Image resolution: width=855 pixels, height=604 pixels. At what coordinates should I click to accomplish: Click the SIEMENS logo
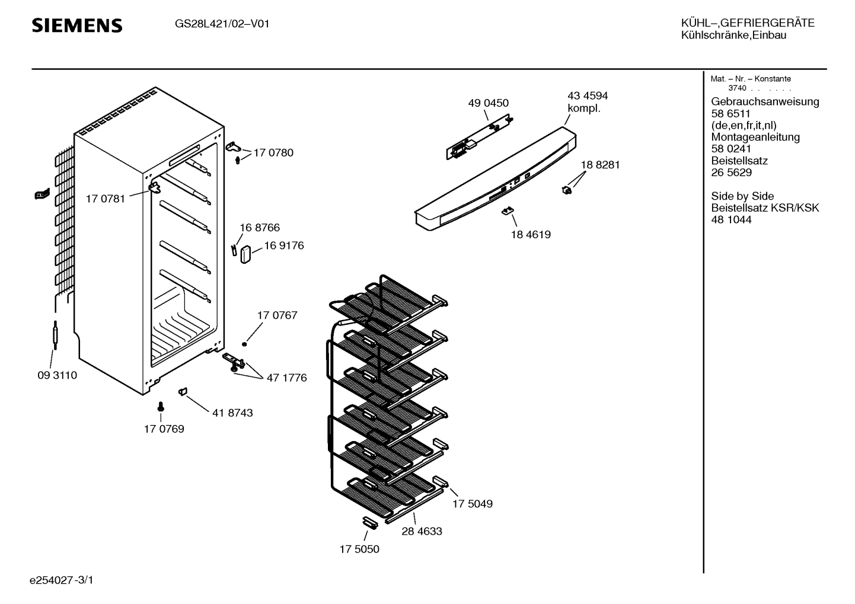(x=77, y=25)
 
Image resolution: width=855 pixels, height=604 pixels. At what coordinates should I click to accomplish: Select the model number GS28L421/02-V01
(x=222, y=24)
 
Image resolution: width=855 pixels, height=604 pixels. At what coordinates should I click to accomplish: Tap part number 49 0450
(x=488, y=103)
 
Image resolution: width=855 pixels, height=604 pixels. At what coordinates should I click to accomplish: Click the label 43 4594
(x=588, y=95)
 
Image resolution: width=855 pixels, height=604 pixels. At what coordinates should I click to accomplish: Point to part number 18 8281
(x=600, y=165)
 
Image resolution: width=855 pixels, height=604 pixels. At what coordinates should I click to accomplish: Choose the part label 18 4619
(x=531, y=234)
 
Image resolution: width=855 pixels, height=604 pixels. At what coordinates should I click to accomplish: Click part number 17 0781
(x=106, y=199)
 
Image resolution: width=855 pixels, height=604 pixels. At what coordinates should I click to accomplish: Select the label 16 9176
(x=284, y=245)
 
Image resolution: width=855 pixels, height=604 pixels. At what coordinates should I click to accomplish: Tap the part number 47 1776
(x=286, y=378)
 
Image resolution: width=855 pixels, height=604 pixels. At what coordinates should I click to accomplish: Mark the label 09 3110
(x=58, y=375)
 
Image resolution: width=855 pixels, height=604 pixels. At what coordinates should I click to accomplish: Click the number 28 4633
(x=422, y=531)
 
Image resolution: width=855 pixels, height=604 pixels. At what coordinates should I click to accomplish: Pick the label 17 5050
(x=359, y=549)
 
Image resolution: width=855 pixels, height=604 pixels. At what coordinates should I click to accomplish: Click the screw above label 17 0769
(x=161, y=407)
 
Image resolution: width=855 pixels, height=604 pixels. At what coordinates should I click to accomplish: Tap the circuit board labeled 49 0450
(x=480, y=136)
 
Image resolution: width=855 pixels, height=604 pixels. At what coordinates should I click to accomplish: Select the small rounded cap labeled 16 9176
(x=245, y=254)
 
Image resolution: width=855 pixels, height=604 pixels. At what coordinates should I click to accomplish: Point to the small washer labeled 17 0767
(x=245, y=344)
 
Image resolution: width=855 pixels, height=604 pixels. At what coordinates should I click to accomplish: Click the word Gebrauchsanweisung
(x=765, y=102)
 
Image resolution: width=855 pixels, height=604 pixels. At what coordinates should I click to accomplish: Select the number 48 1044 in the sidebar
(x=731, y=220)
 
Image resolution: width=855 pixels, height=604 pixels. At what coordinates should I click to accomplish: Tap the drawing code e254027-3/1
(x=62, y=580)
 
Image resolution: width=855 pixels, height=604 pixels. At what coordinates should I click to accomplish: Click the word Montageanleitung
(x=755, y=137)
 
